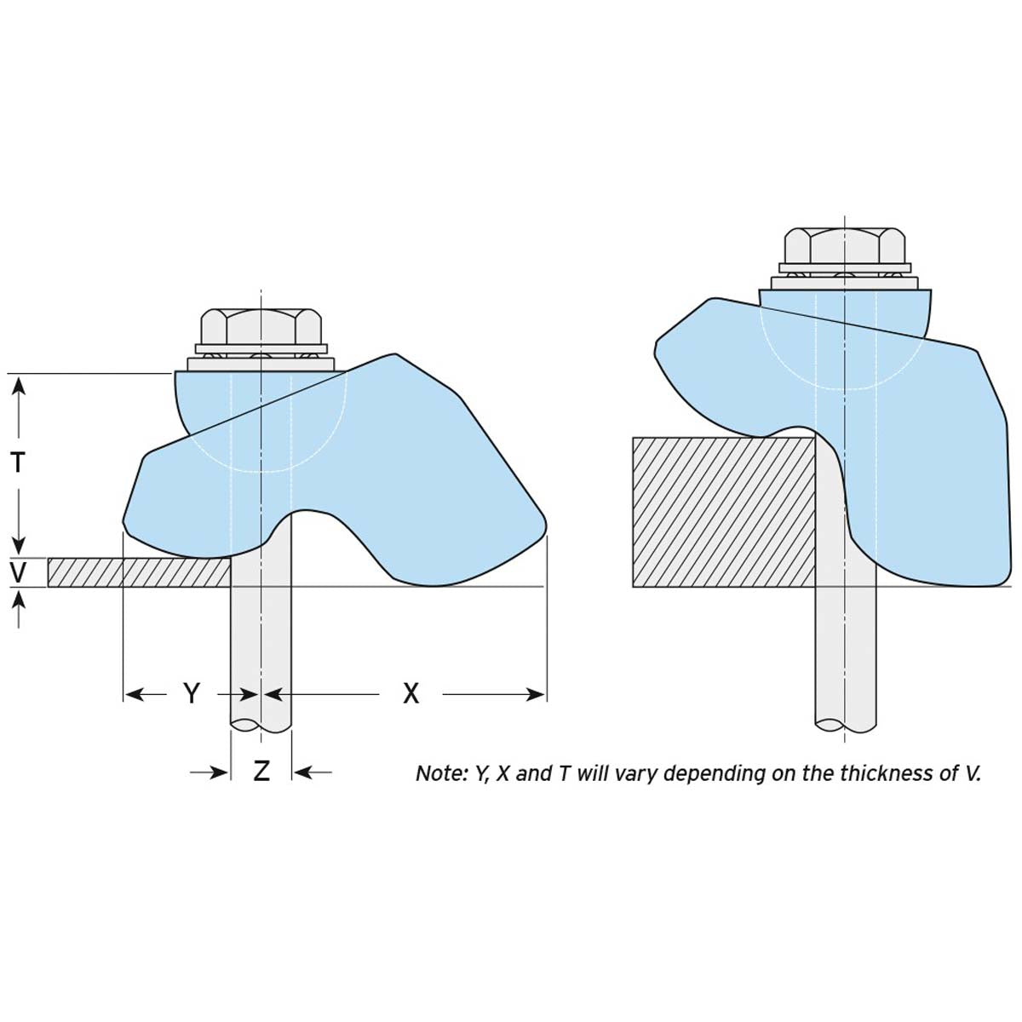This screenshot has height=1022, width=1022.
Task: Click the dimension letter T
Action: pos(18,462)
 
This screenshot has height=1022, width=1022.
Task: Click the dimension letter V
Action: pos(18,572)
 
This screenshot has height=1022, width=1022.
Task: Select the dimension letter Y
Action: pos(192,694)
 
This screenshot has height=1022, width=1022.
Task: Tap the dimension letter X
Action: pos(411,694)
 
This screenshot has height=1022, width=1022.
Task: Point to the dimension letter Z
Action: pos(261,772)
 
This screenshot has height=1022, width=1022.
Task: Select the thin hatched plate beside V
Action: pos(136,572)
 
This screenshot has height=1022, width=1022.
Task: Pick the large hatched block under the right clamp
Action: pos(724,511)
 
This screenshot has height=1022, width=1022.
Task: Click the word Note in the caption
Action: pos(438,773)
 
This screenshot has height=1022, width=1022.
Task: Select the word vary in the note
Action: pos(634,773)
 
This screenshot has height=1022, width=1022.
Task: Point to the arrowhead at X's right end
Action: pos(538,694)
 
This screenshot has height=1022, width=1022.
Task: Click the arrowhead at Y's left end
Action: pos(131,694)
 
